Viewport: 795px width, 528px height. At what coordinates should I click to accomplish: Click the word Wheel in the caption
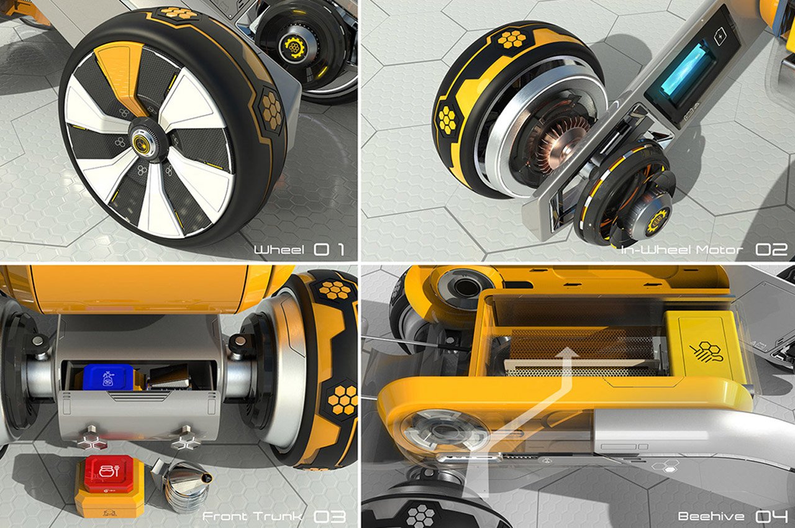coord(279,250)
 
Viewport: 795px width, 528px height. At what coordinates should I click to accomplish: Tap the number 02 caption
coord(771,250)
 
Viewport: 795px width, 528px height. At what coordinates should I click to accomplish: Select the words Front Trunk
coord(252,516)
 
